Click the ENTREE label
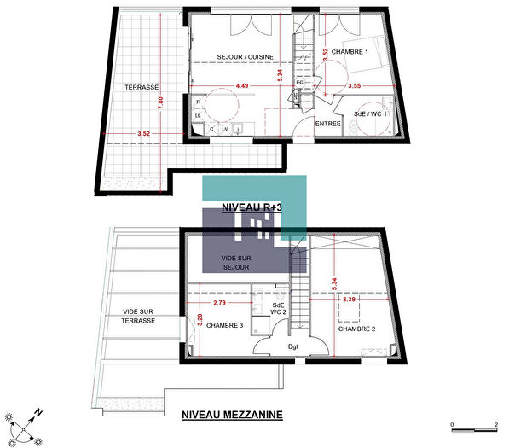(x=328, y=124)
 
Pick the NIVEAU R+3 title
(x=252, y=207)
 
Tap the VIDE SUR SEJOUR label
(x=234, y=262)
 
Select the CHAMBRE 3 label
(x=224, y=325)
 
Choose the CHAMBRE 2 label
(x=357, y=329)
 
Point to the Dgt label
(x=292, y=346)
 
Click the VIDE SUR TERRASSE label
(x=138, y=316)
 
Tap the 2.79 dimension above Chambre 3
(x=219, y=303)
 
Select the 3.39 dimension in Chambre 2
(x=347, y=300)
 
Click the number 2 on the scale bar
(x=495, y=424)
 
